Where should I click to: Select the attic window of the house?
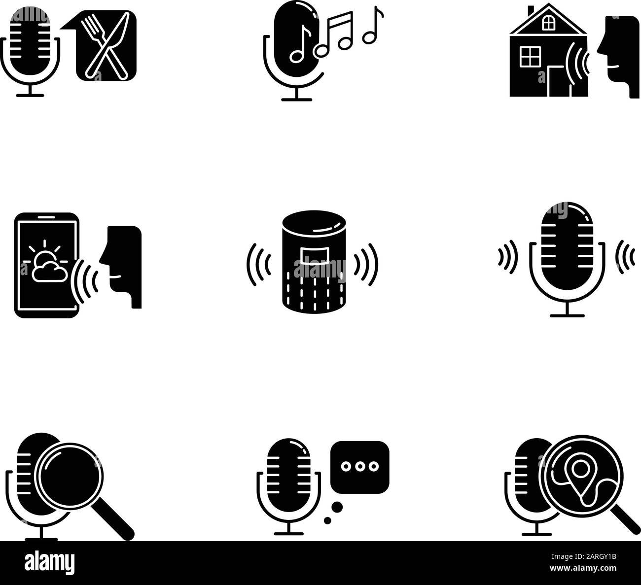(547, 22)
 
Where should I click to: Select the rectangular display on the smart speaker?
(313, 255)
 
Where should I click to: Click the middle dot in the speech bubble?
(360, 466)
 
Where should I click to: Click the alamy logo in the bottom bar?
(49, 562)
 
